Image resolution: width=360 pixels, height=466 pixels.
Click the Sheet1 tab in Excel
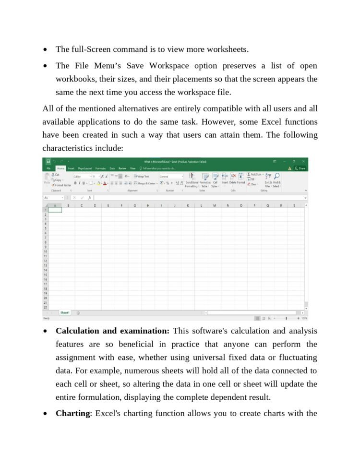coord(65,312)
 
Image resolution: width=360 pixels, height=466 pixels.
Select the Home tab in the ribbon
coord(60,168)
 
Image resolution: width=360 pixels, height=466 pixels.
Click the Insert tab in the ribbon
coord(71,168)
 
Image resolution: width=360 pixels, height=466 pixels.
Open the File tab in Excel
coord(48,168)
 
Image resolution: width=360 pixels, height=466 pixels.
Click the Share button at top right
coord(300,168)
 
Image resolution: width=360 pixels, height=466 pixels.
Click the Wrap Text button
coord(142,177)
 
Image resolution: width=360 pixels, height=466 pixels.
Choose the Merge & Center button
coord(145,183)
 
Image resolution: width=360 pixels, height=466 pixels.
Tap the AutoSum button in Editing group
coord(255,174)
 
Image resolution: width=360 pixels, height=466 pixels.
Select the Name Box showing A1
coord(53,198)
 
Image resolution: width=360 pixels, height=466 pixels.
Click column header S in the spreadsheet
coord(294,205)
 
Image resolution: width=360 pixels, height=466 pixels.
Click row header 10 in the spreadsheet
coord(46,251)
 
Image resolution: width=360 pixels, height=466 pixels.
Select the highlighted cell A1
coord(55,210)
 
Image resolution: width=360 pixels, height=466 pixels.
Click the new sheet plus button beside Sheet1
coord(78,313)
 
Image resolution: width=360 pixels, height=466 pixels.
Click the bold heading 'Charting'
coord(73,413)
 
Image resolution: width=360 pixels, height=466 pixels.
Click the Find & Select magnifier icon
coord(277,177)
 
